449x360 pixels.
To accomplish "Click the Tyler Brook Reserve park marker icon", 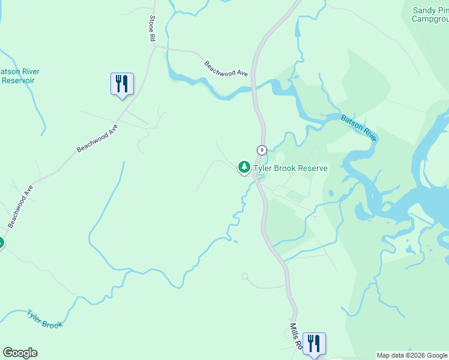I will (244, 167).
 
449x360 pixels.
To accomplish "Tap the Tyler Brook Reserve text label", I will (291, 169).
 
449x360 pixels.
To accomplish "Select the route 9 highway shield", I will (262, 149).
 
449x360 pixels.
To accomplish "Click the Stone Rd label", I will (152, 28).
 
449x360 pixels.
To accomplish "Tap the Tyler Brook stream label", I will (44, 319).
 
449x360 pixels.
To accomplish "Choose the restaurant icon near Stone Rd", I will (122, 83).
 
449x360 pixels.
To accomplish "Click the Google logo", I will (20, 353).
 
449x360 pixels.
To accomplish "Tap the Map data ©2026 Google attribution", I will (412, 355).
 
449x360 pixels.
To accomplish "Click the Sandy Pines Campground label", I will (431, 14).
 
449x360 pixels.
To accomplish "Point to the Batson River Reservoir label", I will (18, 76).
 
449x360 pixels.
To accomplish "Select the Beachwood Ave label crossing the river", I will (226, 68).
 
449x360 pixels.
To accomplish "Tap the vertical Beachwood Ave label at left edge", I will (20, 206).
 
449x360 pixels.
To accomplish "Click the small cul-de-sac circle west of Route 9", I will (244, 276).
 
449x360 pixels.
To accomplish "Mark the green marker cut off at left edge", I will (1, 243).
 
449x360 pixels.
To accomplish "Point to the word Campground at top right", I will (431, 19).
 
